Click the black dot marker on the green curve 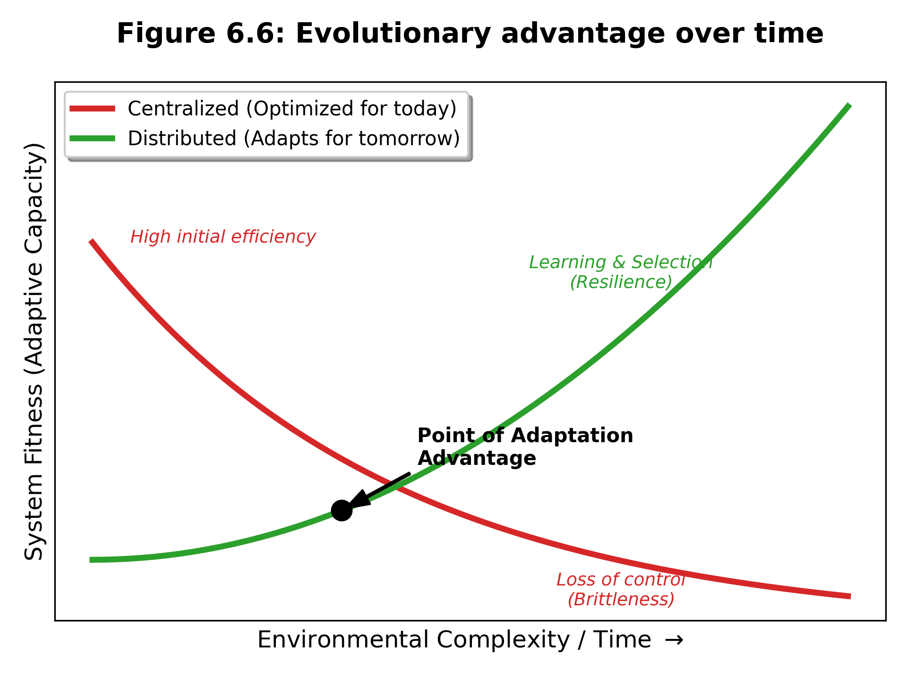pos(342,510)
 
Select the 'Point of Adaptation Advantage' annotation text pos(525,447)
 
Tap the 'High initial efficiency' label pos(223,237)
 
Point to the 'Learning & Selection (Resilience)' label pos(621,272)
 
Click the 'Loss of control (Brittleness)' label pos(621,589)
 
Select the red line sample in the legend pos(92,109)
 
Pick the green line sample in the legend pos(92,139)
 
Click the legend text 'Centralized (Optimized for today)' pos(292,109)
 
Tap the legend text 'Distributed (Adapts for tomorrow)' pos(294,139)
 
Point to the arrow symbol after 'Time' pos(674,640)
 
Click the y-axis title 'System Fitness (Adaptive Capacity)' pos(34,351)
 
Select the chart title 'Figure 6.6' pos(201,34)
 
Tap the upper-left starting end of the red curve pos(91,241)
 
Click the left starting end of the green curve pos(91,560)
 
